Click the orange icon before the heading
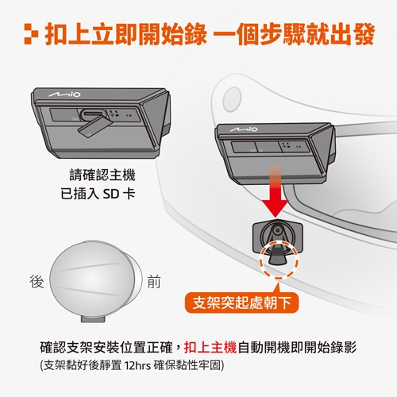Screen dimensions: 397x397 [x=32, y=34]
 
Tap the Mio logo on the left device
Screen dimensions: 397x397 [x=64, y=94]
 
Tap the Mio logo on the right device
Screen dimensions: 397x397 [x=244, y=129]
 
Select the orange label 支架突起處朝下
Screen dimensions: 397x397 [x=241, y=303]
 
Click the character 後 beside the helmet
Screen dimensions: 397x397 [x=37, y=281]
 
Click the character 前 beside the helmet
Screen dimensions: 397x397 [x=154, y=281]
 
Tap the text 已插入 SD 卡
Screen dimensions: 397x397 [x=98, y=194]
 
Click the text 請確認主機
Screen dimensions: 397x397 [x=102, y=175]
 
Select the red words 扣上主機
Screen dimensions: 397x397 [x=210, y=347]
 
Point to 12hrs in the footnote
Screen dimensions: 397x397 [x=137, y=365]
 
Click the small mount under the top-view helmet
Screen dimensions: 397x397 [x=93, y=319]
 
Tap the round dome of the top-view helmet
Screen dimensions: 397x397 [x=92, y=279]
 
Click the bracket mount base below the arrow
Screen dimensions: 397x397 [x=277, y=237]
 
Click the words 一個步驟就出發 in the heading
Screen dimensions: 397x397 [x=294, y=34]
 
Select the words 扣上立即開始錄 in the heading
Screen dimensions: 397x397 [x=126, y=34]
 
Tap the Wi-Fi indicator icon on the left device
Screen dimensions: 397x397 [x=112, y=116]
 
